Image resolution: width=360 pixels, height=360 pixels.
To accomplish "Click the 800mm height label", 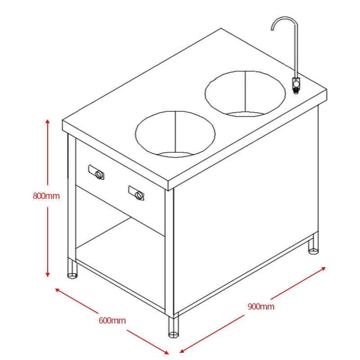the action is click(46, 196).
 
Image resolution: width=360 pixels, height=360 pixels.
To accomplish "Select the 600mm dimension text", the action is click(112, 320).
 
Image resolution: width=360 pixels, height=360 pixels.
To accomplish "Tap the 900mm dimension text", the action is click(261, 306).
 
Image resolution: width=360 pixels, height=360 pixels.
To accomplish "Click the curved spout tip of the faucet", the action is click(273, 29).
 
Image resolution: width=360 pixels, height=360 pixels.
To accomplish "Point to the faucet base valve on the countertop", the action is click(296, 85).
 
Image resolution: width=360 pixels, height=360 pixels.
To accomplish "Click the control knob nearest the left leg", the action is click(99, 175).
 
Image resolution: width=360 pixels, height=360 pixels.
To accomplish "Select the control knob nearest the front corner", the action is click(139, 195).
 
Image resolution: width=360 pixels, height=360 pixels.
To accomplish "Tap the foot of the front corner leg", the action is click(174, 334).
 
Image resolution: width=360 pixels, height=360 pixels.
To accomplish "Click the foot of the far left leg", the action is click(72, 275).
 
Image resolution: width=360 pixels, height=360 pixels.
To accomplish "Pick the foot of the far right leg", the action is click(313, 251).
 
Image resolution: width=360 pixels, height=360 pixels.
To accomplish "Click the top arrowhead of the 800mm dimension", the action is click(48, 121).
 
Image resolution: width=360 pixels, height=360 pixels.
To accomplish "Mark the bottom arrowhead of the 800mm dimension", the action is click(48, 274).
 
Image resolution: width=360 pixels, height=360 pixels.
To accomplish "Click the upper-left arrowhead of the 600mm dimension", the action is click(58, 290).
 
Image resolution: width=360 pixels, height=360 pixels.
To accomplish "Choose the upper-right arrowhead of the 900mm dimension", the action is click(323, 268).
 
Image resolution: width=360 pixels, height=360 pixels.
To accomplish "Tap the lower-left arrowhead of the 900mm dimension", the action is click(182, 351).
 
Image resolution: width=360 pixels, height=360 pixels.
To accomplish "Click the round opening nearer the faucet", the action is click(245, 94).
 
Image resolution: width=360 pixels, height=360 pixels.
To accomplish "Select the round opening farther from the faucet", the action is click(175, 134).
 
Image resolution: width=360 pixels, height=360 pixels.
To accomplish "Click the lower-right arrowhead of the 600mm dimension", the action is click(166, 352).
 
